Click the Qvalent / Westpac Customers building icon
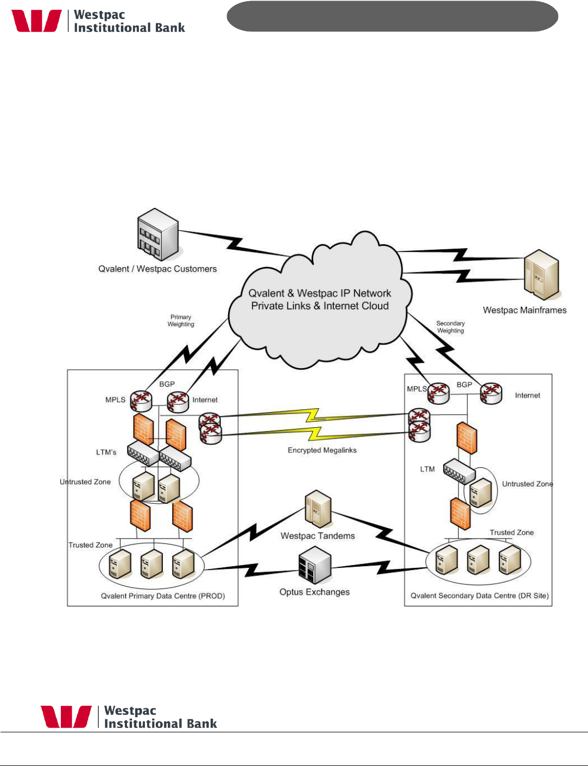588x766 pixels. pos(157,235)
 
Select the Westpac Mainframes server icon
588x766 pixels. pos(541,275)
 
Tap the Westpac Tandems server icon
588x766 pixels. pos(318,509)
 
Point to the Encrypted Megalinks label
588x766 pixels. pos(322,450)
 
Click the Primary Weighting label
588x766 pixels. pos(181,321)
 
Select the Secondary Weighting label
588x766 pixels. pos(451,327)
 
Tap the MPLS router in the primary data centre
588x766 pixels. pos(141,401)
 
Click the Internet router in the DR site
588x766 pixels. pos(491,394)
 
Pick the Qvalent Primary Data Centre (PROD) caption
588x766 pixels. pos(163,596)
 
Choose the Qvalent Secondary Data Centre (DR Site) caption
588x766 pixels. pos(479,596)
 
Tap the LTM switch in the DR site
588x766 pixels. pos(459,471)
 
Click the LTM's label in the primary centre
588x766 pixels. pos(106,452)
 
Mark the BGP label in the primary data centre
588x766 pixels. pos(167,384)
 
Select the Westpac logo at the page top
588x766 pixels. pos(37,21)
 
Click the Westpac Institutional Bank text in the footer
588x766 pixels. pos(160,717)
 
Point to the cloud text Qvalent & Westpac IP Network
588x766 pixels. pos(320,293)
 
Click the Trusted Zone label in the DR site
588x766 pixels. pos(511,533)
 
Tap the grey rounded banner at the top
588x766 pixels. pos(392,16)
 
